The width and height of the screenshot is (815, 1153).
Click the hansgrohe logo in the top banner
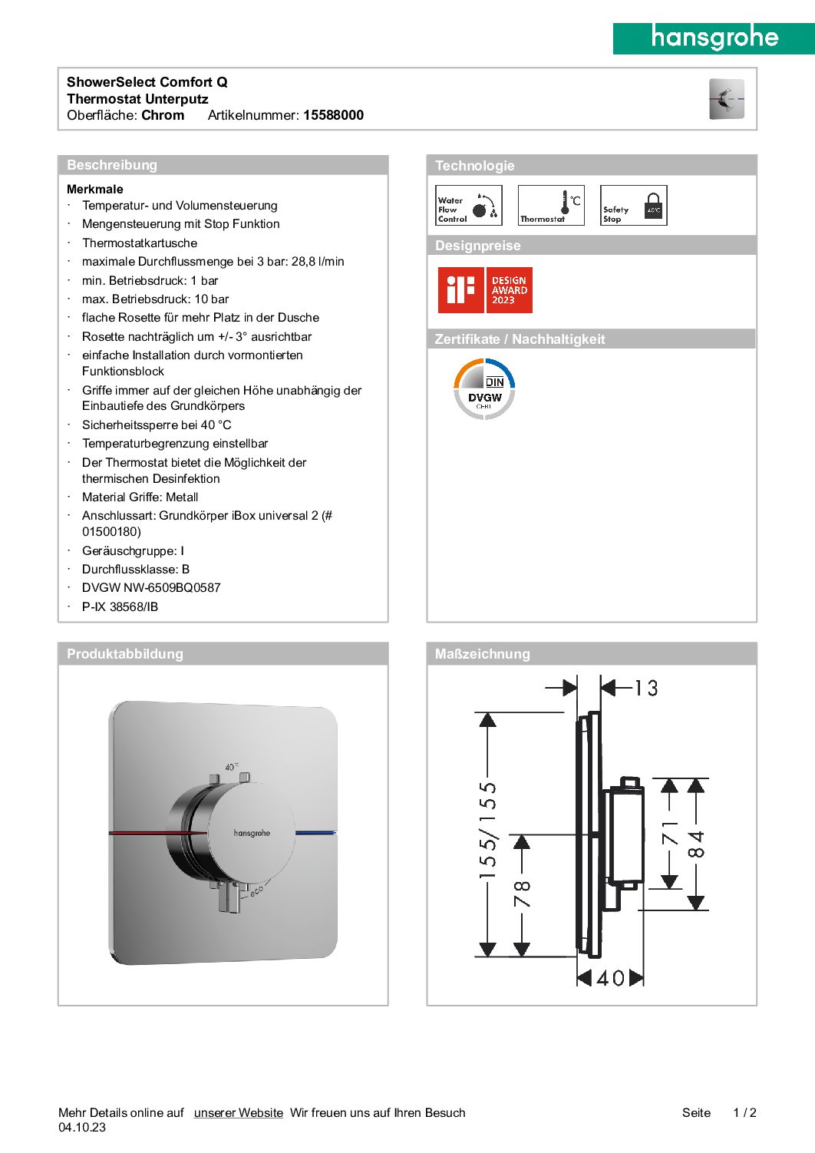714,38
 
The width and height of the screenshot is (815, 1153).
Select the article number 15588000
333,115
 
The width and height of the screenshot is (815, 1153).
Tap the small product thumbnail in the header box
726,99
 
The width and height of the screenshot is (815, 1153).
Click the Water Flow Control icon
468,206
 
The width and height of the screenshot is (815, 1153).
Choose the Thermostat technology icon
551,206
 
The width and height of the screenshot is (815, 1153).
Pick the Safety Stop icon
633,206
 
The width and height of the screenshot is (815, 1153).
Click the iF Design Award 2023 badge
485,290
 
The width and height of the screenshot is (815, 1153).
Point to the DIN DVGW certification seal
484,389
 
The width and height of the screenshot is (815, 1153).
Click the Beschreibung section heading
112,165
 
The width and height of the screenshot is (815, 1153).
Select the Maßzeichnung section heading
482,654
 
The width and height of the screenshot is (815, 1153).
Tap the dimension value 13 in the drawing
646,688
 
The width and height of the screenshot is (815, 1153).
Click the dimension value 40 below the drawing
610,978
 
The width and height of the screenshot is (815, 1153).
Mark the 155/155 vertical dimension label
488,830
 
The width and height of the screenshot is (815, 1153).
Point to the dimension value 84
696,844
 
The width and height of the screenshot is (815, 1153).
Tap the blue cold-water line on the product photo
315,832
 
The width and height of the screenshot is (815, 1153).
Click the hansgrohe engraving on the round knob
252,833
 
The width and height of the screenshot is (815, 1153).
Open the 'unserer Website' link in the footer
238,1112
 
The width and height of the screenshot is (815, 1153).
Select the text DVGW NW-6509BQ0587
151,588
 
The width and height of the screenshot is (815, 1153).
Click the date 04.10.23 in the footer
82,1128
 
